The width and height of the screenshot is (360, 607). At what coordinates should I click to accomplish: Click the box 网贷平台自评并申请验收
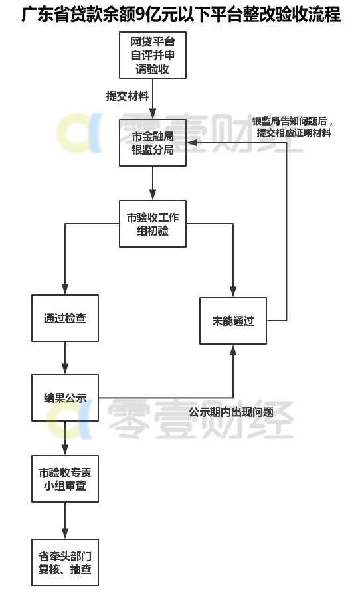pyautogui.click(x=153, y=55)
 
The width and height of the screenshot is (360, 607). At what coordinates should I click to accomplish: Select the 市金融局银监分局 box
pyautogui.click(x=153, y=143)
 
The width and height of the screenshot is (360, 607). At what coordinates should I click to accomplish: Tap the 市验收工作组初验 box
pyautogui.click(x=153, y=224)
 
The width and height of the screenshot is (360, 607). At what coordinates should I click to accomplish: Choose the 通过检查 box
pyautogui.click(x=65, y=318)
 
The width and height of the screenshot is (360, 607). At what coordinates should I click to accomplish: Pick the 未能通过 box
pyautogui.click(x=233, y=321)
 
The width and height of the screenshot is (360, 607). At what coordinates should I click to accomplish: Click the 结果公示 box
pyautogui.click(x=65, y=398)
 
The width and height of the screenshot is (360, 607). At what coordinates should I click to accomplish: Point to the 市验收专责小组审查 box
pyautogui.click(x=65, y=478)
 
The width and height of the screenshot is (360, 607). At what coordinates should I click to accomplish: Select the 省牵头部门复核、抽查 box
pyautogui.click(x=65, y=562)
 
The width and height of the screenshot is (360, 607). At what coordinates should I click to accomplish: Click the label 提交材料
pyautogui.click(x=128, y=96)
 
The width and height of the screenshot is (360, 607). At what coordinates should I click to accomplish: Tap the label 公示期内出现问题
pyautogui.click(x=231, y=412)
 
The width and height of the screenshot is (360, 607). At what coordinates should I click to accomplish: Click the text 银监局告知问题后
pyautogui.click(x=290, y=121)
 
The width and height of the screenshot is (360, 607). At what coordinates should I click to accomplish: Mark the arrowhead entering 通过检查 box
pyautogui.click(x=65, y=289)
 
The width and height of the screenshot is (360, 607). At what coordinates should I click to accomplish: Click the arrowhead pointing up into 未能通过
pyautogui.click(x=233, y=350)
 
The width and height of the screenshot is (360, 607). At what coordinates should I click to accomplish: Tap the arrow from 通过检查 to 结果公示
pyautogui.click(x=65, y=358)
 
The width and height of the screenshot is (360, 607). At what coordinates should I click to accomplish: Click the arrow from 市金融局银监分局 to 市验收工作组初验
pyautogui.click(x=153, y=183)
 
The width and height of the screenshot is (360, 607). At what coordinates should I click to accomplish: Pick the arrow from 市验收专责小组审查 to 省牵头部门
pyautogui.click(x=65, y=520)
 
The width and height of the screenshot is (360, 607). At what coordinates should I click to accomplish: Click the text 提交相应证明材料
pyautogui.click(x=294, y=133)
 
